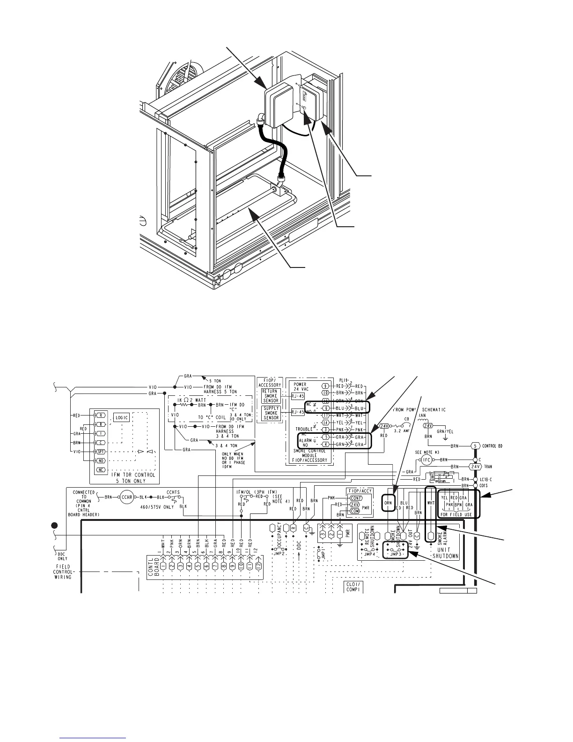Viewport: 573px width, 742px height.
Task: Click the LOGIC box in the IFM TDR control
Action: pyautogui.click(x=122, y=418)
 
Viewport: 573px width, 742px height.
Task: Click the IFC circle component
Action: pyautogui.click(x=426, y=460)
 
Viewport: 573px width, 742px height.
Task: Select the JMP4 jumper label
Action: pyautogui.click(x=370, y=553)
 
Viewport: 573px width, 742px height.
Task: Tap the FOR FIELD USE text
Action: pyautogui.click(x=456, y=514)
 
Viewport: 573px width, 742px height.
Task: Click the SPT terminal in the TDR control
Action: pyautogui.click(x=100, y=452)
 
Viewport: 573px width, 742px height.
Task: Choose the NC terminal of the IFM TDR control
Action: pyautogui.click(x=100, y=470)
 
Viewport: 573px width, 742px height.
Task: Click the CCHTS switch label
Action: pyautogui.click(x=174, y=492)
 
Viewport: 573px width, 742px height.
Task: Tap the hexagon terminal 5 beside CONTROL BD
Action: pyautogui.click(x=476, y=445)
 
